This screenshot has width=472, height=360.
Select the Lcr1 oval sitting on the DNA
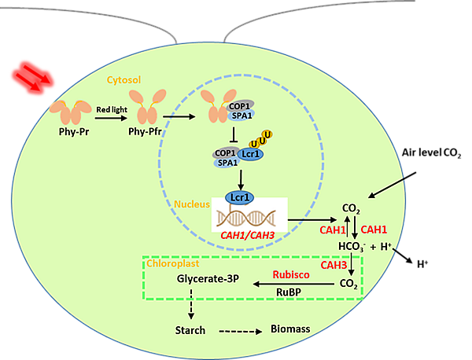click(x=239, y=196)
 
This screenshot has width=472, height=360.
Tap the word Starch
click(x=190, y=330)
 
